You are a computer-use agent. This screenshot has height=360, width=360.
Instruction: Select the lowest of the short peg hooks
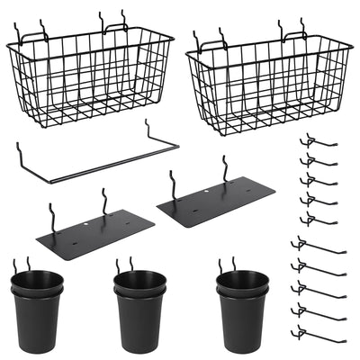(x=319, y=220)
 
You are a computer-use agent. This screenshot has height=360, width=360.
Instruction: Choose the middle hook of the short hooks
(x=319, y=181)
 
